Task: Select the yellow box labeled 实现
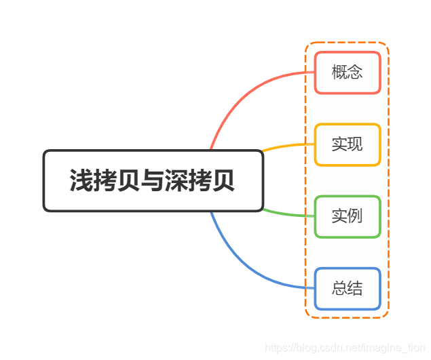[x=347, y=144]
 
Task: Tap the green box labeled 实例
[x=347, y=216]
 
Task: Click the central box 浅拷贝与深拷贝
[x=153, y=180]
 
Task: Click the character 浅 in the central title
[x=81, y=181]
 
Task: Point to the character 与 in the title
[x=152, y=181]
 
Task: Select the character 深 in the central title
[x=176, y=181]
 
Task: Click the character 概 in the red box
[x=339, y=72]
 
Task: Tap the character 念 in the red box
[x=355, y=72]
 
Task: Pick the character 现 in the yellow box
[x=355, y=144]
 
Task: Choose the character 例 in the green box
[x=355, y=216]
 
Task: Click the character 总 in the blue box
[x=339, y=289]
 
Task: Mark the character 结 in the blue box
[x=355, y=289]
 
